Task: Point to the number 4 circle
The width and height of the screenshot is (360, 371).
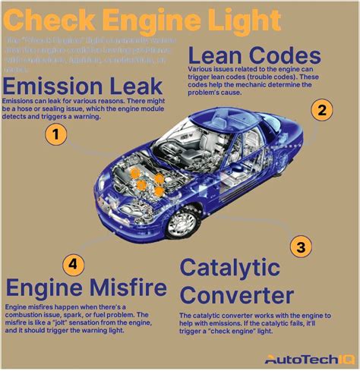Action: (71, 264)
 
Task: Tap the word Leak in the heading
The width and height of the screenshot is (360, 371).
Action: (136, 85)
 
